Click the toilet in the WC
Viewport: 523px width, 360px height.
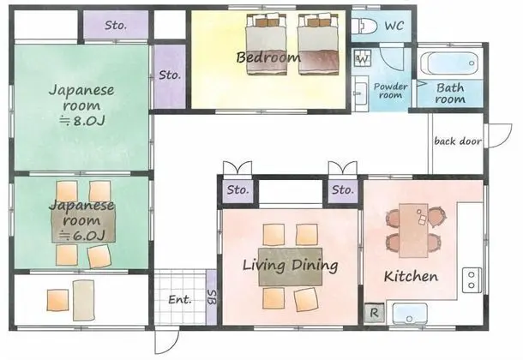(364, 26)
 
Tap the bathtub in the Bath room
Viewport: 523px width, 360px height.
(449, 63)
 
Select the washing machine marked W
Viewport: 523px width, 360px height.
(363, 58)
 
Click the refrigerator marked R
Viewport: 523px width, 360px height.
(374, 313)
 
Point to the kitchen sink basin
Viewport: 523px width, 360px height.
(410, 314)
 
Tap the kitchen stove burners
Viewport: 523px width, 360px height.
(472, 280)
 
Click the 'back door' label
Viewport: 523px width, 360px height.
(458, 141)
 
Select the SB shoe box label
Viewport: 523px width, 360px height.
(212, 297)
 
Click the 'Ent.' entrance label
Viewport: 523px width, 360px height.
(180, 299)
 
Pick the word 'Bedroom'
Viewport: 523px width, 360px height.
(268, 57)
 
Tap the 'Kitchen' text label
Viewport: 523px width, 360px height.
(411, 276)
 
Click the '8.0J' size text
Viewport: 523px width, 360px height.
(82, 121)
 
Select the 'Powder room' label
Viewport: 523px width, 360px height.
(391, 91)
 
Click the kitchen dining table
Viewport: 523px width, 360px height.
(413, 231)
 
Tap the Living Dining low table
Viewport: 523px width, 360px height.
(290, 267)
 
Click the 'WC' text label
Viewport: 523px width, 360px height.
(394, 26)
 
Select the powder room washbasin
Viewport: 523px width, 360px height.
(360, 93)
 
